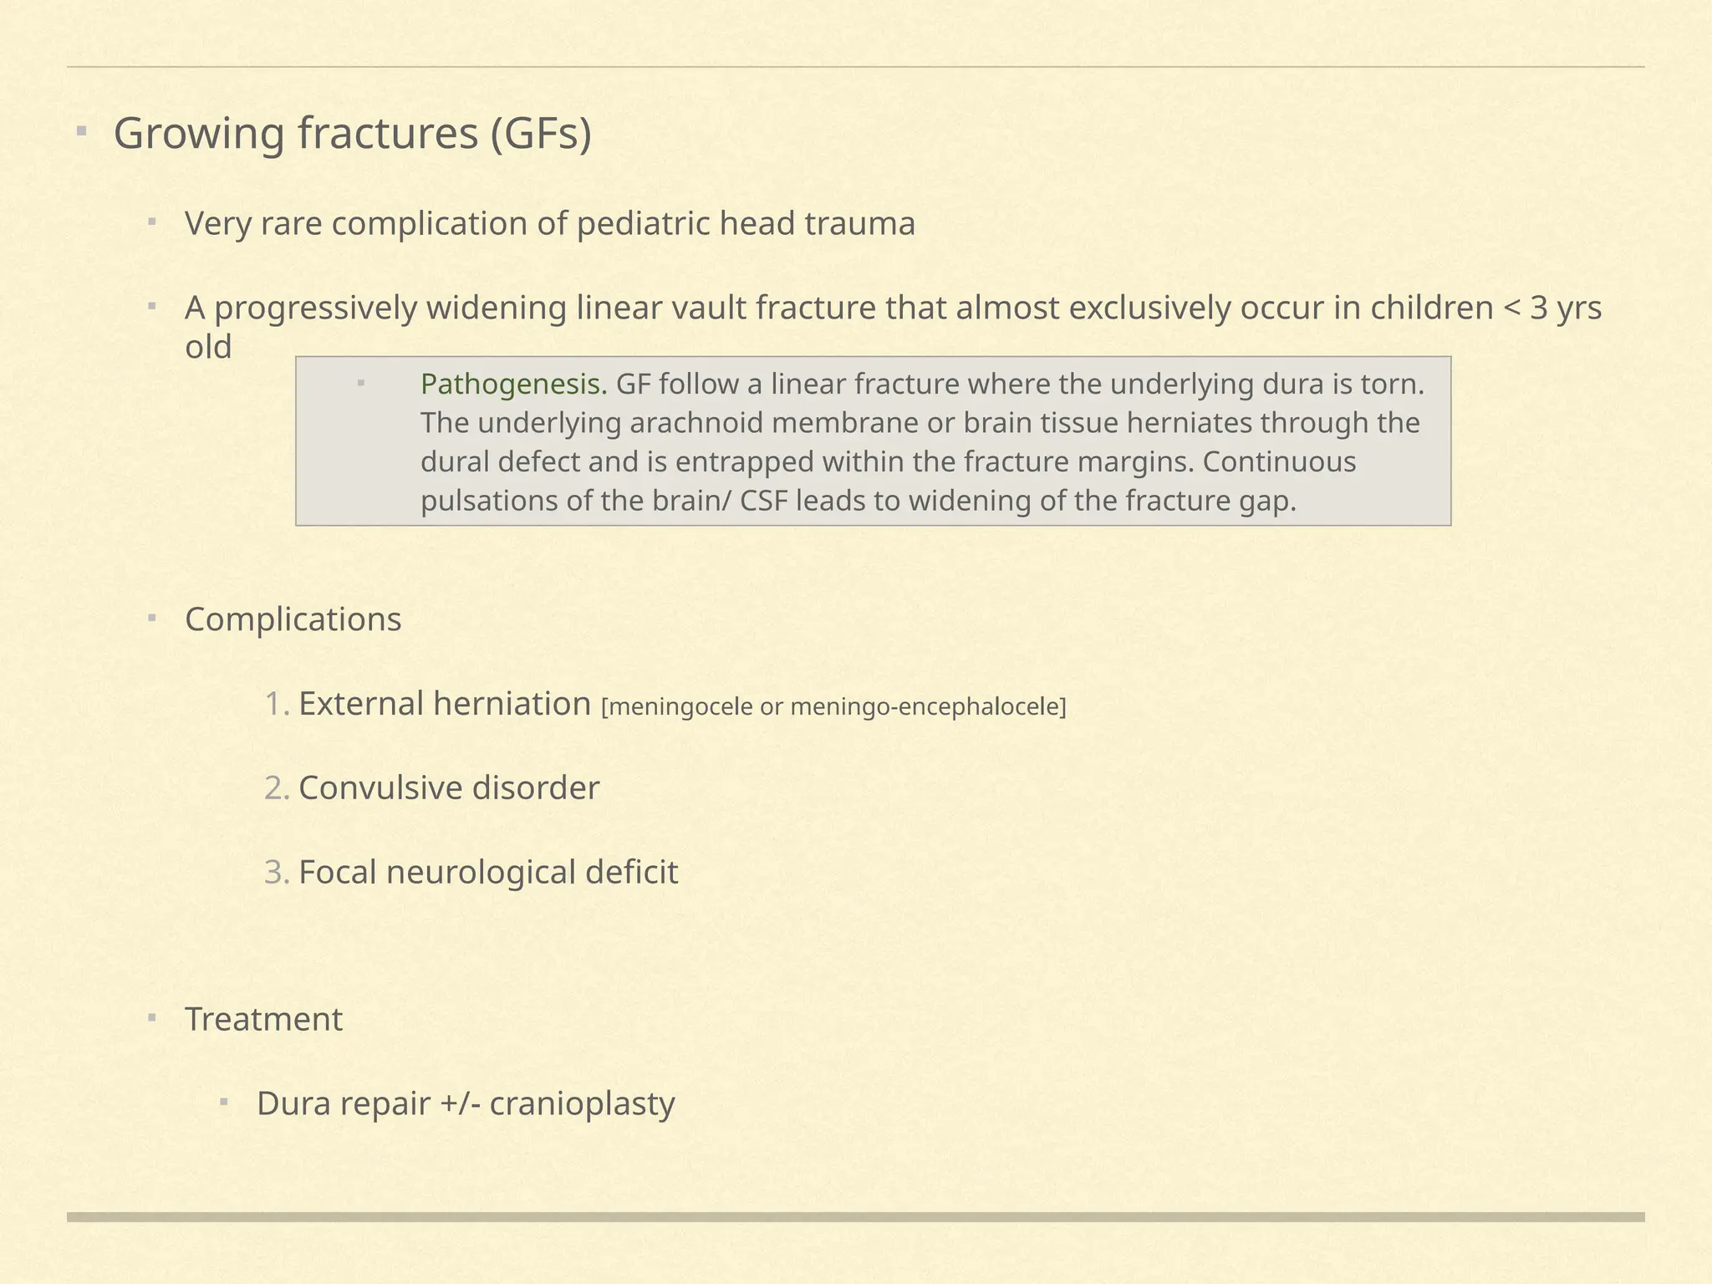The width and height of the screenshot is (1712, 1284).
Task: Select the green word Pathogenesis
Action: click(x=513, y=385)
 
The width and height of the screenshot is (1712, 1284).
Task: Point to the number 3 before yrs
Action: click(x=1539, y=308)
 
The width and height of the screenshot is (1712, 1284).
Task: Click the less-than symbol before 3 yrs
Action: click(x=1511, y=309)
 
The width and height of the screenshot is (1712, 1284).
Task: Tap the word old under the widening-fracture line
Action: click(x=208, y=347)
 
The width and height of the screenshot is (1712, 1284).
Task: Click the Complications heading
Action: click(x=293, y=619)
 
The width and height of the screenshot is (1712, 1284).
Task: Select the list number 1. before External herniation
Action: click(x=277, y=705)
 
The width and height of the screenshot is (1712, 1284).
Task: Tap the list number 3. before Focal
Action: click(x=277, y=873)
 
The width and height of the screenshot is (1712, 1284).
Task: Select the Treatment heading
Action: click(x=263, y=1020)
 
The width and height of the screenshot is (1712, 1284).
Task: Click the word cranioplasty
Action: click(x=582, y=1104)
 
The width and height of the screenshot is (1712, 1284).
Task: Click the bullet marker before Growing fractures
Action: click(x=81, y=131)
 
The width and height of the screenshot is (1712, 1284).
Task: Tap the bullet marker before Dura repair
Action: click(x=224, y=1102)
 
